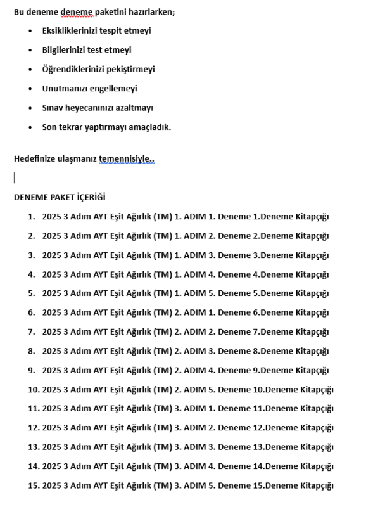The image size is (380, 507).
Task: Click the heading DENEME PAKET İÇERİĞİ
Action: [60, 197]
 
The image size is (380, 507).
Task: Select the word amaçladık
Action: [151, 127]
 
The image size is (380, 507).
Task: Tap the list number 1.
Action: [31, 216]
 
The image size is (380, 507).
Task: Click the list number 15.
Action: [33, 485]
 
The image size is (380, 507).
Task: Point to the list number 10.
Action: [33, 389]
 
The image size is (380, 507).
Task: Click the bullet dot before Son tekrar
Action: [30, 127]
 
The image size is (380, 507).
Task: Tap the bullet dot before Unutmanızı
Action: [30, 89]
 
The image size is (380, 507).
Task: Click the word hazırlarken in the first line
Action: [151, 11]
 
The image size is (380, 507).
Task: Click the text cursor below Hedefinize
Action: [15, 177]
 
